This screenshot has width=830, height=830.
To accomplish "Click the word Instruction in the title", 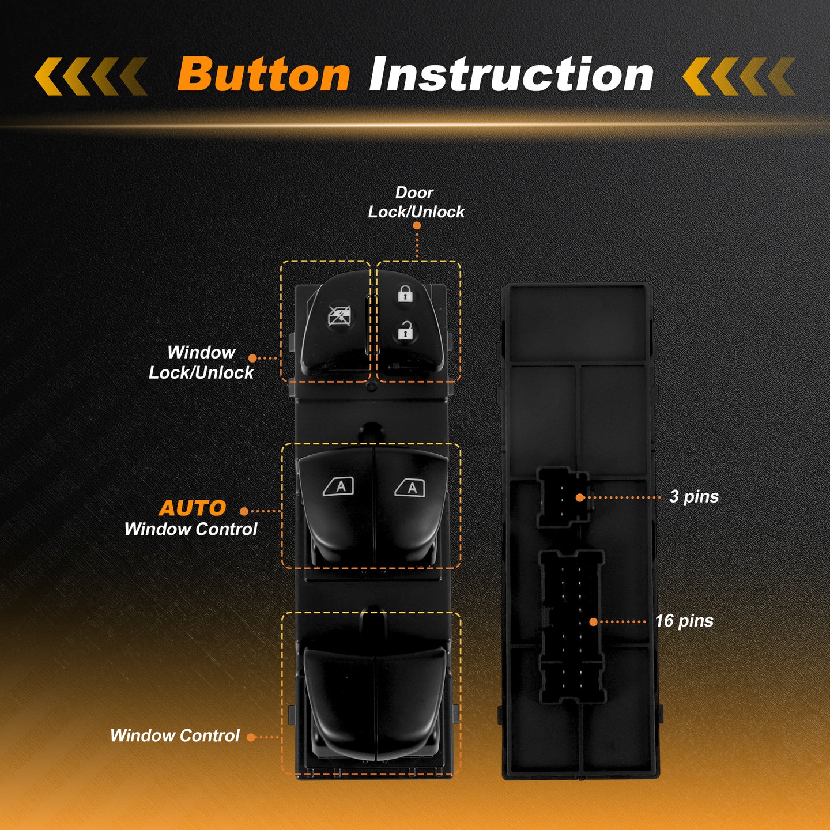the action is [511, 74].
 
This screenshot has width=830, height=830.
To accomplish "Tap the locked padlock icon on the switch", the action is [405, 293].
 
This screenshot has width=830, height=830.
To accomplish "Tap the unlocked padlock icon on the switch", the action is [405, 331].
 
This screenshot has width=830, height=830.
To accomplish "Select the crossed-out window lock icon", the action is [339, 316].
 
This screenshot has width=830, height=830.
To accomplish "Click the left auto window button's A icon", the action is [338, 486].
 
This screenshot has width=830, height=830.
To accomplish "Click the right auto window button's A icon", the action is [410, 488].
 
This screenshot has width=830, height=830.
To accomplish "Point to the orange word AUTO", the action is [193, 508].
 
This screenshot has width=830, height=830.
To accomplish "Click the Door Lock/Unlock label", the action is [416, 202].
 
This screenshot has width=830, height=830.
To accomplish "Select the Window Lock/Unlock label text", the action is [201, 363].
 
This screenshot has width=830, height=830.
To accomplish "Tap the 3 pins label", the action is [694, 497].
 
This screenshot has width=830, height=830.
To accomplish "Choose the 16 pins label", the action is [684, 621].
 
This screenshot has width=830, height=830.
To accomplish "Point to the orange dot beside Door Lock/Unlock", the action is [417, 226].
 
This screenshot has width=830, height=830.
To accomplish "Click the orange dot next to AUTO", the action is [244, 511].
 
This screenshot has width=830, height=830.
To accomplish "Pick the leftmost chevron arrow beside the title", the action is [48, 76].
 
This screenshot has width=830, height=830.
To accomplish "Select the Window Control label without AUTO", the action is [175, 735].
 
